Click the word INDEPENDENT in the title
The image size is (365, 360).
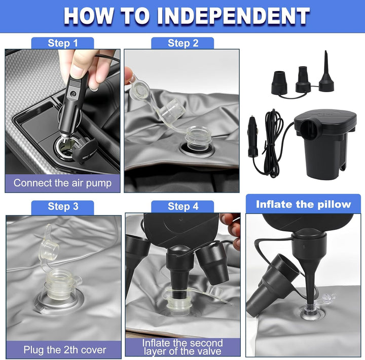tap(233, 16)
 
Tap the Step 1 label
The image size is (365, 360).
tap(63, 43)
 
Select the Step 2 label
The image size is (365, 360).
tap(183, 43)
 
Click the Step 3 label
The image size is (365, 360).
tap(63, 207)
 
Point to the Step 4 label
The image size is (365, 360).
tap(183, 207)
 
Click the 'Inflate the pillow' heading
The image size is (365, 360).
tap(303, 204)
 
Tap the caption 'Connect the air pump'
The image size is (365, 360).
tap(62, 183)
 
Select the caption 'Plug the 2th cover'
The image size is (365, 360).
tap(65, 350)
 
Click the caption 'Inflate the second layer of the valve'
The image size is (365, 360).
tap(182, 347)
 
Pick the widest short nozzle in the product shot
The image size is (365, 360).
tap(279, 83)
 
